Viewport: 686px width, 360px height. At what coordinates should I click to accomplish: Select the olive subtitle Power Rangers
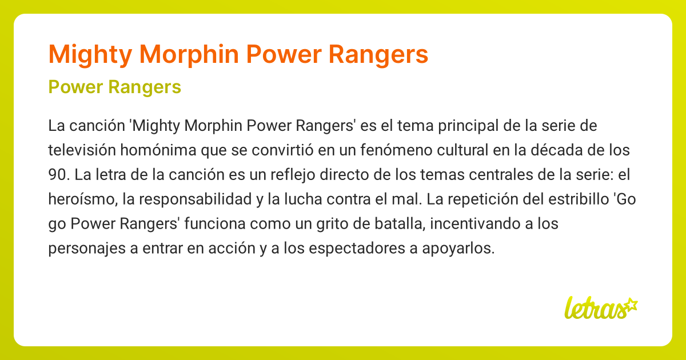click(115, 87)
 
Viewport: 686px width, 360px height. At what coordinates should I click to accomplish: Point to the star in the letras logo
click(631, 305)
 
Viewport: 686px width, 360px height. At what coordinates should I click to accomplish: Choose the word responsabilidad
click(182, 199)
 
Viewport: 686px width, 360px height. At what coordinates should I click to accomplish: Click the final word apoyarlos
click(462, 249)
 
